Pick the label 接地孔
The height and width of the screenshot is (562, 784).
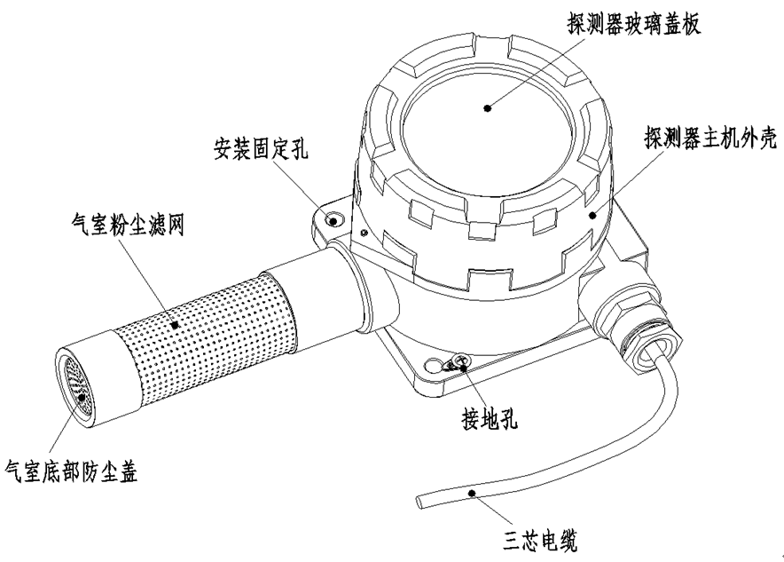(490, 422)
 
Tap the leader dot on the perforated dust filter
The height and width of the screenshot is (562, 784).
(175, 325)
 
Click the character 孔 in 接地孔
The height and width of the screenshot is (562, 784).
(511, 422)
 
